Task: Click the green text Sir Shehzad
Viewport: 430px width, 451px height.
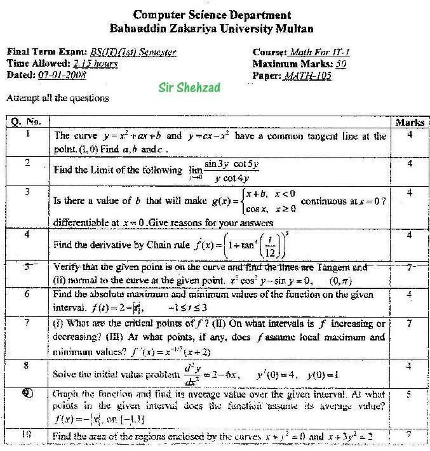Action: [189, 88]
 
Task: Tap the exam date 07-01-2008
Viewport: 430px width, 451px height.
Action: [62, 75]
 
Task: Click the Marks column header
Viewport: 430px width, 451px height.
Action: [410, 122]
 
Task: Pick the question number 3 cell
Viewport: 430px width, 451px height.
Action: [27, 192]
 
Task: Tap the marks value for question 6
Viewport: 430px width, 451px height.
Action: [410, 294]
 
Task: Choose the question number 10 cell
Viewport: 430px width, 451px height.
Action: [27, 435]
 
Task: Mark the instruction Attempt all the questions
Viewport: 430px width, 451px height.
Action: [57, 98]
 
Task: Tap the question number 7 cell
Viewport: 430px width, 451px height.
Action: [27, 323]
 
